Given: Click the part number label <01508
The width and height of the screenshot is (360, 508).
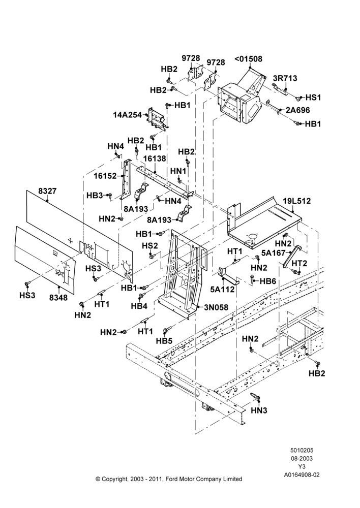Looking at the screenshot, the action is [x=248, y=59].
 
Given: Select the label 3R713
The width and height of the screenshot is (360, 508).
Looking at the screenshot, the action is [x=285, y=78].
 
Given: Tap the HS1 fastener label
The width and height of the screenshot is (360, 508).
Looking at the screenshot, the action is [x=313, y=97].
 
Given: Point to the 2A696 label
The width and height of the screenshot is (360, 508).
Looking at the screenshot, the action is [x=298, y=110].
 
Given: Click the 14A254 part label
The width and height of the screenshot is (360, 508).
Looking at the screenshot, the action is [x=128, y=115].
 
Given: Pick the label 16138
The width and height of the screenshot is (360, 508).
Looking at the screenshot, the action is [x=155, y=158].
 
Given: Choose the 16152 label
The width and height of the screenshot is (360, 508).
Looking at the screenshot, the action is [x=105, y=176].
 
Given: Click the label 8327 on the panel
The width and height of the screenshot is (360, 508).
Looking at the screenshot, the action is [x=47, y=191].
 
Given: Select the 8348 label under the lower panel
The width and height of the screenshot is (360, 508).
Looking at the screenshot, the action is [x=58, y=297].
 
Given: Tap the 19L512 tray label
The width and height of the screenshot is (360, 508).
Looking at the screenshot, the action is [x=296, y=201].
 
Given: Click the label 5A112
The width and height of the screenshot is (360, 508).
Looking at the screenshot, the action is [x=222, y=290].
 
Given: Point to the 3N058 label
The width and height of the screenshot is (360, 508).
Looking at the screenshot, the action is [x=216, y=307].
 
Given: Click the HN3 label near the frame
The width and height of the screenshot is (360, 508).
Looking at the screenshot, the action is [x=259, y=410].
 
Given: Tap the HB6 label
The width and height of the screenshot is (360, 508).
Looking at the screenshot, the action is [x=268, y=281].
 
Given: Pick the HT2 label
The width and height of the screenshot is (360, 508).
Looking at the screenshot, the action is [x=299, y=263].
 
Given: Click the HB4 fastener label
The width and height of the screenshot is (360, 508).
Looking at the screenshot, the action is [x=139, y=306].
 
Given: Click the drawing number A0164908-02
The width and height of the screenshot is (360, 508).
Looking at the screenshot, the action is [x=302, y=475].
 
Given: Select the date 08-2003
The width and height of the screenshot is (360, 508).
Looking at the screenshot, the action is [x=302, y=458].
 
